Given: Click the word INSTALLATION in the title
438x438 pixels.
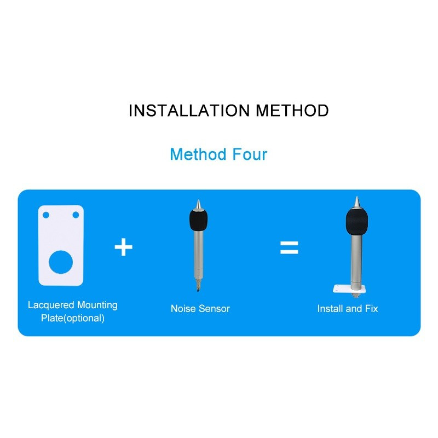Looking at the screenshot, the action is coord(189,111).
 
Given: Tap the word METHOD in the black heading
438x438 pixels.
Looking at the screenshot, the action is coord(292,111).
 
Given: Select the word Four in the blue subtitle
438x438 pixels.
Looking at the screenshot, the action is coord(250,154).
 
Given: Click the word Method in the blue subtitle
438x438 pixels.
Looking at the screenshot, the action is coord(198,154).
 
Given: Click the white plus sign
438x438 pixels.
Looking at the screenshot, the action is coord(124,247).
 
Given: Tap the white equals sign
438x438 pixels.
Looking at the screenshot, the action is coord(289,247).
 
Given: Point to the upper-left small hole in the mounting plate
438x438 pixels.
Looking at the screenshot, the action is coord(46,215).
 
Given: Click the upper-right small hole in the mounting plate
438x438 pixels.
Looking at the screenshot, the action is coord(76,215).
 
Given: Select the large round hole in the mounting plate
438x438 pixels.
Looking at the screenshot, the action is coord(61,262).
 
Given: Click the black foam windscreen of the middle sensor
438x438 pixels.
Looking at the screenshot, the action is coord(199,221).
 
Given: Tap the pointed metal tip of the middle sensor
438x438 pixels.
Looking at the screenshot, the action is coord(198,204).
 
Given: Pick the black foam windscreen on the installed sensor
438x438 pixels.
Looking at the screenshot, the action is coord(357,222).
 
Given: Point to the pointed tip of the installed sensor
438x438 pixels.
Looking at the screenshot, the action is coord(357,201).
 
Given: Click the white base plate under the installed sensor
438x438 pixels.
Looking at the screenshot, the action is coord(349,289).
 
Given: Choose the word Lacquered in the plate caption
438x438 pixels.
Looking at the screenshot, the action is coord(51,305).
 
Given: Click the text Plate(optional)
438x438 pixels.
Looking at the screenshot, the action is coord(73,318).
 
